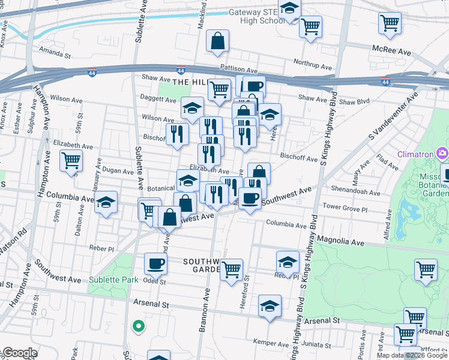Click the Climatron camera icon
(442, 154)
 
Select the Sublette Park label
(113, 280)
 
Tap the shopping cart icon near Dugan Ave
(71, 161)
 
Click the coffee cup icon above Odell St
(156, 263)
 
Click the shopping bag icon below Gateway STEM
(217, 41)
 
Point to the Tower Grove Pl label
(345, 207)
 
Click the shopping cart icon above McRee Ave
(390, 23)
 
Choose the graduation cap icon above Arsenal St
(270, 305)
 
